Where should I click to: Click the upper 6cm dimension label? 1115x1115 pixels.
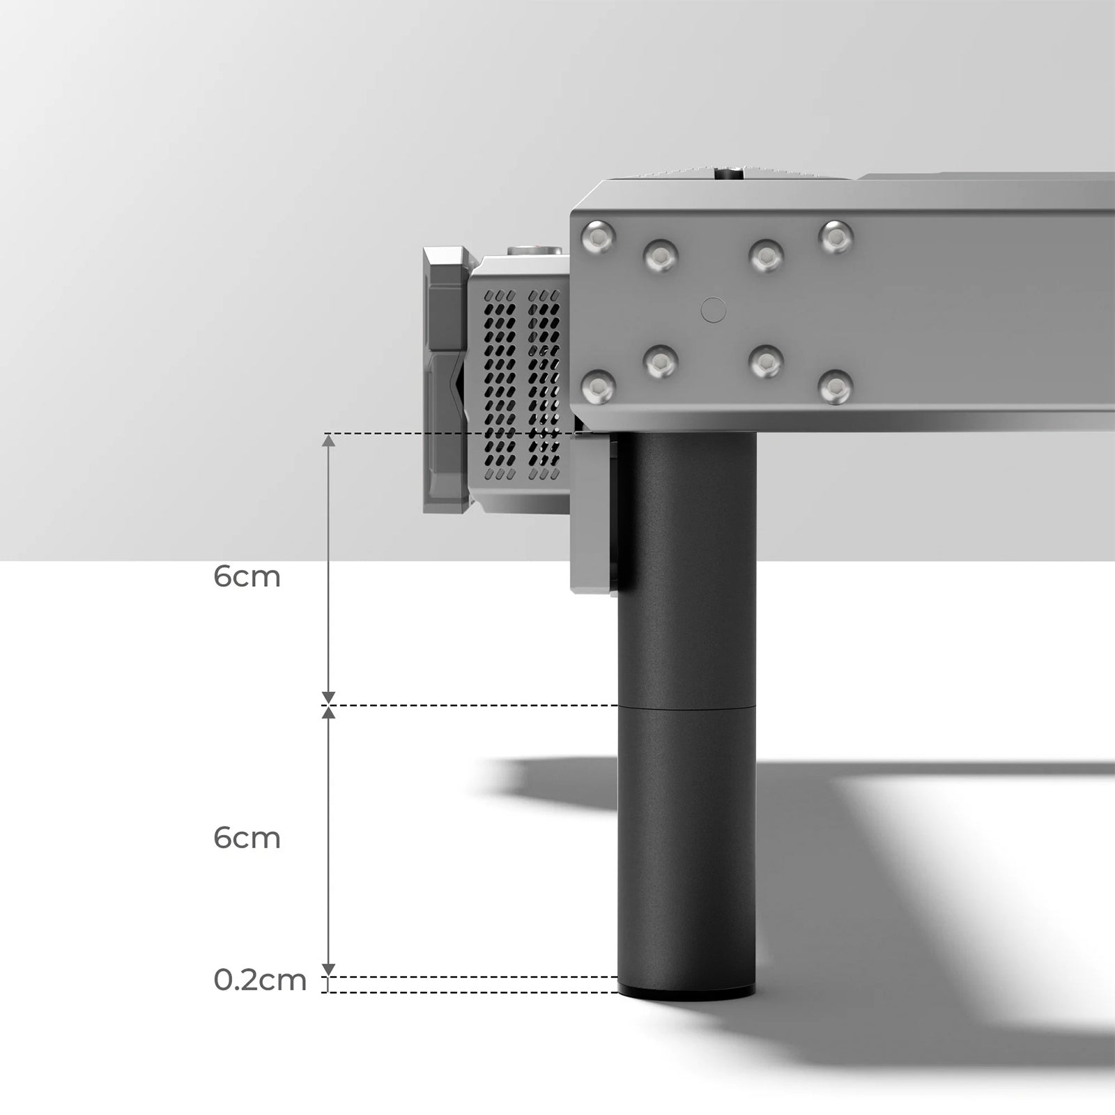tap(247, 577)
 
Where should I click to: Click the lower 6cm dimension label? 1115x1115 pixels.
tap(247, 838)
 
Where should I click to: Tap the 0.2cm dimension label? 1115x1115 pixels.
tap(260, 980)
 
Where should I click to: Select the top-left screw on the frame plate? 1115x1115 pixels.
tap(599, 237)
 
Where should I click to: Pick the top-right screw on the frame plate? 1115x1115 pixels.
tap(836, 237)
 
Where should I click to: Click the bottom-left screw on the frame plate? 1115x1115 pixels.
tap(599, 387)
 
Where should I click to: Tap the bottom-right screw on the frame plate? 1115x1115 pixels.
tap(836, 387)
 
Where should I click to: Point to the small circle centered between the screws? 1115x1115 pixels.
tap(713, 309)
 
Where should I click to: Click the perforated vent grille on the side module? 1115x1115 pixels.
tap(522, 384)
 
